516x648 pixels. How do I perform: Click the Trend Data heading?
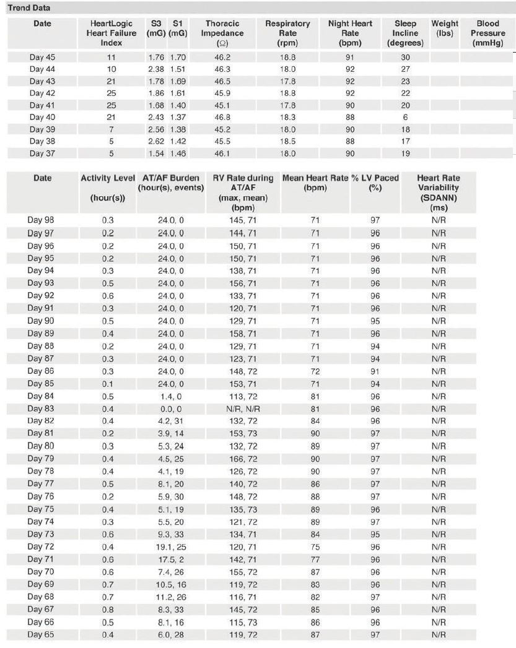pos(29,8)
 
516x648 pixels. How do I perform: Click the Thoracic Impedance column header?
pos(222,33)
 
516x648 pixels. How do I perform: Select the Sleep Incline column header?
pos(405,33)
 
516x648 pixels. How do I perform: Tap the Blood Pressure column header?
pos(488,33)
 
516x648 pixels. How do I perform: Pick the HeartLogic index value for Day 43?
pos(112,82)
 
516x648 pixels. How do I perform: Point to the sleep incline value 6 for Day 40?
pos(405,118)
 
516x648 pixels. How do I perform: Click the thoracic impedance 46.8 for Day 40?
pos(222,118)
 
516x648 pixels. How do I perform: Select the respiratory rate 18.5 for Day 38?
pos(287,142)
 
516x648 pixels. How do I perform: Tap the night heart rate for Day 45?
pos(350,58)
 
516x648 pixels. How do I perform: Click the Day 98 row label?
pos(41,220)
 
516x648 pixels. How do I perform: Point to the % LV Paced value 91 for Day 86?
pos(375,371)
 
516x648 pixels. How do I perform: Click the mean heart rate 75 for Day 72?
pos(315,546)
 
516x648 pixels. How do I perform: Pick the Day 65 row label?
pos(41,635)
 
